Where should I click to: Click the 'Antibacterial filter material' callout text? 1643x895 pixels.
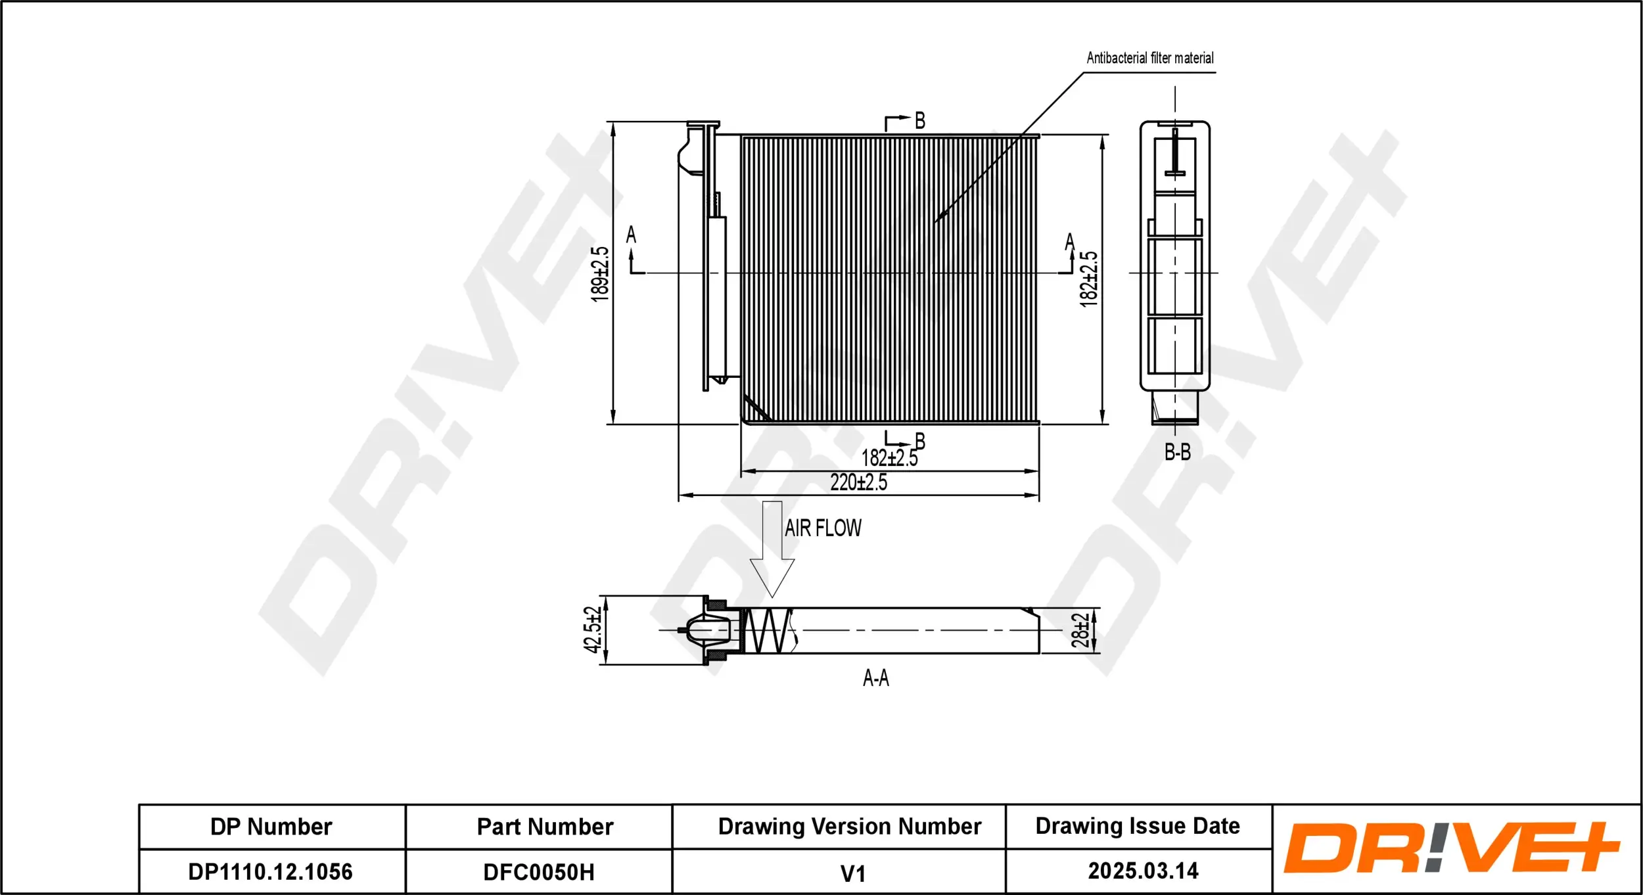click(x=1149, y=58)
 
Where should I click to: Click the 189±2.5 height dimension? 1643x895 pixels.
click(x=600, y=274)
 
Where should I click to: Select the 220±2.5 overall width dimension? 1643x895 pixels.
click(x=858, y=482)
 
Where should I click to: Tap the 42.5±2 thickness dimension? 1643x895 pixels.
click(x=592, y=630)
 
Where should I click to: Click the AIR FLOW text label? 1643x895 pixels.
click(x=823, y=528)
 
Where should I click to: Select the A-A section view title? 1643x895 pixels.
click(x=875, y=677)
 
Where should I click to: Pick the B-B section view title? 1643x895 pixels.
click(x=1177, y=452)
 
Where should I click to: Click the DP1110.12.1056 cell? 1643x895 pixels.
click(x=271, y=871)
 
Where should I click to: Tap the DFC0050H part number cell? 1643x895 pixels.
click(x=538, y=872)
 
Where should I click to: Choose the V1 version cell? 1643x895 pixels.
click(x=852, y=873)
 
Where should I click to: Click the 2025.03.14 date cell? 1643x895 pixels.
click(x=1143, y=871)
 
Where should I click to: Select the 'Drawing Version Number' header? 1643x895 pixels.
click(x=849, y=826)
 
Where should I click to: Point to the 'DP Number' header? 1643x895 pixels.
click(x=271, y=826)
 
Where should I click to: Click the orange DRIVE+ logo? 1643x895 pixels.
click(x=1450, y=848)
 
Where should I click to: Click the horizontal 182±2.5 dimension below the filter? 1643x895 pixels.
click(x=889, y=457)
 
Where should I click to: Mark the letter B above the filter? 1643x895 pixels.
click(x=919, y=121)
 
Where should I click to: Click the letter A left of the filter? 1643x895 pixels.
click(x=631, y=235)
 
